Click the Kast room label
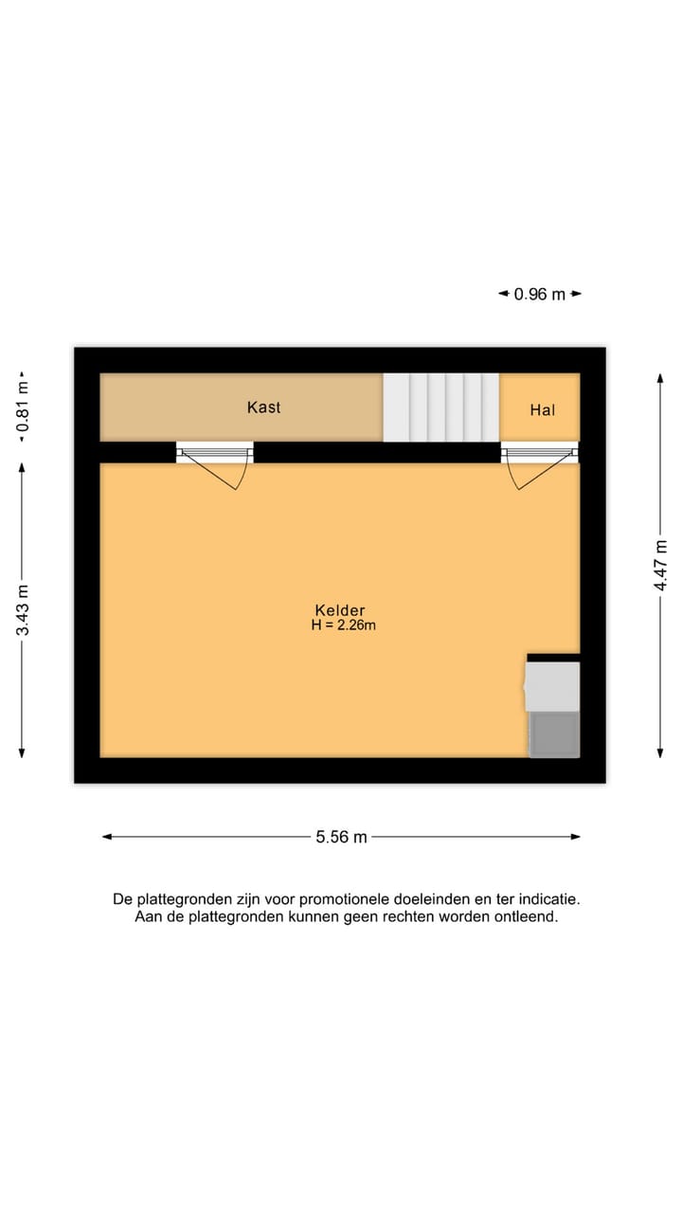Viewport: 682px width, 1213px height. [263, 407]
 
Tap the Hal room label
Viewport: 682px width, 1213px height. [542, 410]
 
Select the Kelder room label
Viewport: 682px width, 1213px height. [340, 610]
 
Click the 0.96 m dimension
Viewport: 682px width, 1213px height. [539, 295]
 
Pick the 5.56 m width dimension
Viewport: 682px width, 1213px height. [341, 837]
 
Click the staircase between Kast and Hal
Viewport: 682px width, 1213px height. [440, 407]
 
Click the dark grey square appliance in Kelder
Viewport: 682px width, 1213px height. [554, 733]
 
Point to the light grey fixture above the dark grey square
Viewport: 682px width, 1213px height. [552, 686]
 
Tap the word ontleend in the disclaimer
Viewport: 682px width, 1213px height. [525, 917]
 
